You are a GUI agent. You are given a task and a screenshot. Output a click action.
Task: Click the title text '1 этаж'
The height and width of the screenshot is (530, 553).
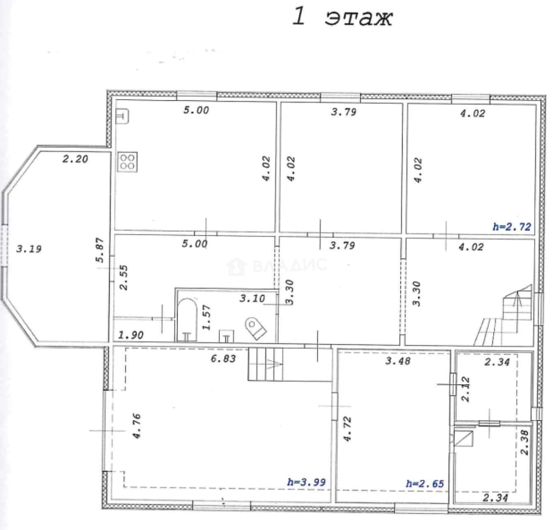[x=342, y=17]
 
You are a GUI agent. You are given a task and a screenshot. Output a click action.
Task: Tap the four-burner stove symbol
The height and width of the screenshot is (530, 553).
[x=127, y=162]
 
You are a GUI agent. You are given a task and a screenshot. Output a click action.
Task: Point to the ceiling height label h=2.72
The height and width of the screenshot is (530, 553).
[x=511, y=227]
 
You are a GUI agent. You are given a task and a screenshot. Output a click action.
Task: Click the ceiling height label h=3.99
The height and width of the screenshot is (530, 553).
[x=306, y=482]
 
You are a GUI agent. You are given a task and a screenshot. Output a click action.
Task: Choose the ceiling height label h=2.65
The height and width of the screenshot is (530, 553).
[x=424, y=483]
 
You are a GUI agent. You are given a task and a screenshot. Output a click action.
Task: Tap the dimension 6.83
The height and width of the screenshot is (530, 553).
[x=223, y=359]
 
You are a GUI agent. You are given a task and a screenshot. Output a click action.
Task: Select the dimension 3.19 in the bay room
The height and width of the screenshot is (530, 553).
[x=29, y=249]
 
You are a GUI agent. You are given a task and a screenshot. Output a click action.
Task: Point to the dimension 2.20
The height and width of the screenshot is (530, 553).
[x=75, y=159]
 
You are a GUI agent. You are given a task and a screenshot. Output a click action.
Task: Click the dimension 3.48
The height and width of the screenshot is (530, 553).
[x=398, y=361]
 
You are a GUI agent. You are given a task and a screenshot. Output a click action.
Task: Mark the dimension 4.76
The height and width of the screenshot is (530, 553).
[x=136, y=425]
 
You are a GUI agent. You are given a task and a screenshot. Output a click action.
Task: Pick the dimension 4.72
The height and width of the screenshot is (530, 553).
[x=347, y=429]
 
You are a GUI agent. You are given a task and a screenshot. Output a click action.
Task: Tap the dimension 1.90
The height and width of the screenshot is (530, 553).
[x=131, y=335]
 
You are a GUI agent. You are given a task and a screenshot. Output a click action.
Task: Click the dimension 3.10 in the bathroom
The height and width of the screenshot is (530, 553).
[x=252, y=298]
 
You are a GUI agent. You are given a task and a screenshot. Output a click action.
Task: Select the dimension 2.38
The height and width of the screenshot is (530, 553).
[x=525, y=443]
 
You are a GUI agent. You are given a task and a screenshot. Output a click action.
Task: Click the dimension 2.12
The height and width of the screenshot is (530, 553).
[x=466, y=389]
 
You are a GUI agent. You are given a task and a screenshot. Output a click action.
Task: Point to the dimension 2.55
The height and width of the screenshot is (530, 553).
[x=124, y=278]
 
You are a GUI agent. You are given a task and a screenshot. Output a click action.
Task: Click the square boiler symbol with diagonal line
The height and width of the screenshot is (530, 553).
[x=463, y=438]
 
